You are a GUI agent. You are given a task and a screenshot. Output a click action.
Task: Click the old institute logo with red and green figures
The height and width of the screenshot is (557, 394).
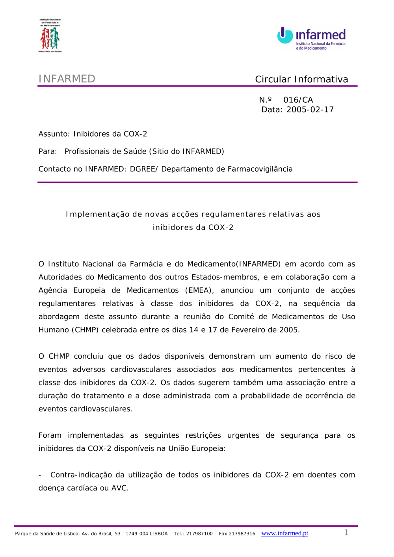coord(50,35)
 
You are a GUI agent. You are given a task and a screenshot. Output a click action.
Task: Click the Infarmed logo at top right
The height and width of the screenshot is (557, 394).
coord(312,39)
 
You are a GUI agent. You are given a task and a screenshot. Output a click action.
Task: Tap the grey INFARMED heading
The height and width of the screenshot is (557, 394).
coord(67,79)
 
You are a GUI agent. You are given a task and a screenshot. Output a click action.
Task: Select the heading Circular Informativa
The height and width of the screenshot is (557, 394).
coord(301,79)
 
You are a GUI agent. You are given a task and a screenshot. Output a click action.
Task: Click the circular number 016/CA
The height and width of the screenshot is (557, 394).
coord(298,100)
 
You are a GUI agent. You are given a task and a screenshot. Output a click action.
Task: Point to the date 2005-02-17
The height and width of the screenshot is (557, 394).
coord(310,109)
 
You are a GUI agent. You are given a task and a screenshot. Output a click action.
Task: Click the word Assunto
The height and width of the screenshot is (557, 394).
coord(54,134)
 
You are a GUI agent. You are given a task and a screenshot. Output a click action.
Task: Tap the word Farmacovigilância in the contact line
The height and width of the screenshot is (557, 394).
coord(260,169)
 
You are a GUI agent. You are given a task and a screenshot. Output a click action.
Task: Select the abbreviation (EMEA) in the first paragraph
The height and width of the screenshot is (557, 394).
coord(199,290)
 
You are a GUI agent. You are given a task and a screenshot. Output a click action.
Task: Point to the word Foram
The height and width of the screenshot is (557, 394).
coord(50,435)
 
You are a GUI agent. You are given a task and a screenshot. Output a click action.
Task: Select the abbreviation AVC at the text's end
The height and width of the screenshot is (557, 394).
coord(119,488)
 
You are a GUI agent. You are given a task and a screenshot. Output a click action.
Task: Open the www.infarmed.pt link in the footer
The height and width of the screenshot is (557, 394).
coord(284,533)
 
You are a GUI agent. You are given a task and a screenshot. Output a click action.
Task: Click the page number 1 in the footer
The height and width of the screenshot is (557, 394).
coord(346,533)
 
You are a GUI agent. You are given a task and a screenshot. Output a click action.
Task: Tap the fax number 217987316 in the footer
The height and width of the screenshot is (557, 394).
coord(242,534)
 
